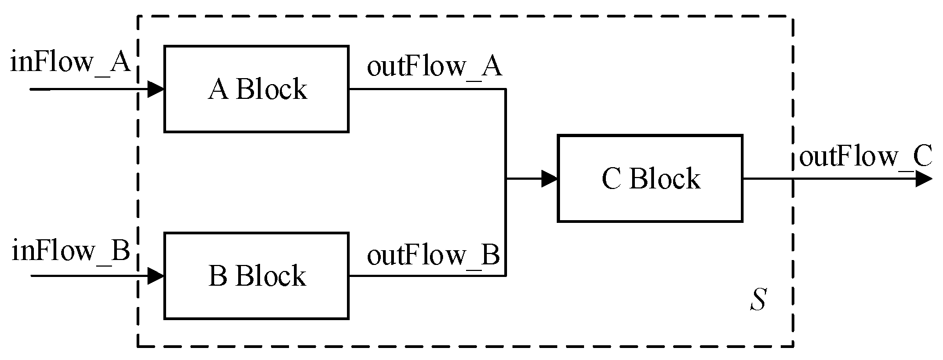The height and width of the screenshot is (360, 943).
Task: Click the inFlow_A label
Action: pyautogui.click(x=70, y=63)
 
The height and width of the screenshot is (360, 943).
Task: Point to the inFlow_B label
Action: pyautogui.click(x=70, y=251)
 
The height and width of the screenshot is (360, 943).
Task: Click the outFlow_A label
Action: pyautogui.click(x=434, y=67)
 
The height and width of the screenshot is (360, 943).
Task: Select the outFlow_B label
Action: pyautogui.click(x=433, y=256)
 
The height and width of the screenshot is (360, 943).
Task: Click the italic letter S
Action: pyautogui.click(x=757, y=300)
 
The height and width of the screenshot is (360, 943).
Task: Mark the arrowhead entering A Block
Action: pyautogui.click(x=156, y=89)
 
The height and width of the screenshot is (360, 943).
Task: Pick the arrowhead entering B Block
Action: pyautogui.click(x=156, y=276)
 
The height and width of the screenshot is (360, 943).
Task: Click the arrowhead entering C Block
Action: pyautogui.click(x=549, y=179)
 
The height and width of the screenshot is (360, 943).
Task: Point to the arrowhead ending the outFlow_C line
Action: pyautogui.click(x=924, y=179)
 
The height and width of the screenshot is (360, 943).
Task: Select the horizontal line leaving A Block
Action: pyautogui.click(x=426, y=89)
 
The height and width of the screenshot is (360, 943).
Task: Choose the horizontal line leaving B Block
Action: pyautogui.click(x=426, y=276)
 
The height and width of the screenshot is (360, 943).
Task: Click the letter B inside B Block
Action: pyautogui.click(x=218, y=276)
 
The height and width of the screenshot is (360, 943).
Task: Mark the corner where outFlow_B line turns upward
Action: pyautogui.click(x=506, y=276)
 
